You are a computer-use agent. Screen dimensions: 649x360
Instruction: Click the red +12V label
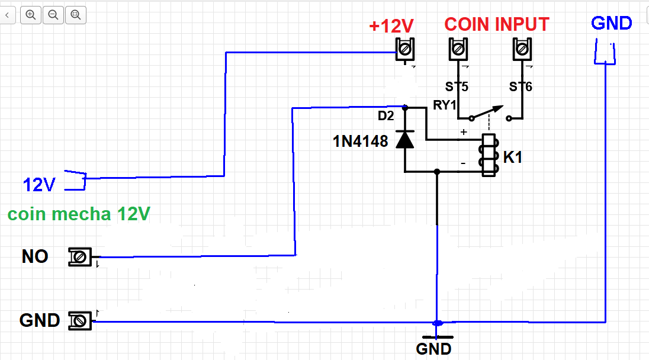coord(391,26)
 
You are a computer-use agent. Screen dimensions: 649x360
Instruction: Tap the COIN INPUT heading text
coord(497,24)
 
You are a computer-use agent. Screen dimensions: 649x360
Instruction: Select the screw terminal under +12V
coord(405,50)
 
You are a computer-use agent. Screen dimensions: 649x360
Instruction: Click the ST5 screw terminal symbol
coord(458,49)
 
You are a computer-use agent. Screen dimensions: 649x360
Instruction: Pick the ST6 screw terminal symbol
coord(522,49)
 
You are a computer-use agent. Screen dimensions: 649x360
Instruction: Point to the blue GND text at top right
coord(611,23)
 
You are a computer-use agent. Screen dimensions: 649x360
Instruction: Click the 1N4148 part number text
coord(361,142)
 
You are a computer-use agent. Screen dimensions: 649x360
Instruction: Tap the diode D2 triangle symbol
coord(405,139)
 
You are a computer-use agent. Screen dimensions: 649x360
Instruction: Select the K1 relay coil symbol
coord(489,155)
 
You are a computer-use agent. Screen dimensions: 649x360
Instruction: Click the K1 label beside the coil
coord(512,157)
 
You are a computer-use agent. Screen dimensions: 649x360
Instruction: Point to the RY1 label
coord(445,105)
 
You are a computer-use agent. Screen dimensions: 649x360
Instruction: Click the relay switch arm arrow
coord(487,112)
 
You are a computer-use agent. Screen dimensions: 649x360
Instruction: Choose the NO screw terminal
coord(79,257)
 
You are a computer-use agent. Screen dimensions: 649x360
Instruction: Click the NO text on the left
coord(35,256)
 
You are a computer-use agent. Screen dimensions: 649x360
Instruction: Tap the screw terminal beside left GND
coord(79,321)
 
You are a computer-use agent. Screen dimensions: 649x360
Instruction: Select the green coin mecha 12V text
coord(79,214)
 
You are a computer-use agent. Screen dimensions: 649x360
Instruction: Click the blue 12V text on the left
coord(39,185)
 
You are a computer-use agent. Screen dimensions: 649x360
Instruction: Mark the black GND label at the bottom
coord(433,349)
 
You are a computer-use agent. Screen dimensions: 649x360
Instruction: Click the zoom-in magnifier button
coord(31,15)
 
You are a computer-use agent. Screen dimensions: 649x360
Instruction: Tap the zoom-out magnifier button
coord(53,15)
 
